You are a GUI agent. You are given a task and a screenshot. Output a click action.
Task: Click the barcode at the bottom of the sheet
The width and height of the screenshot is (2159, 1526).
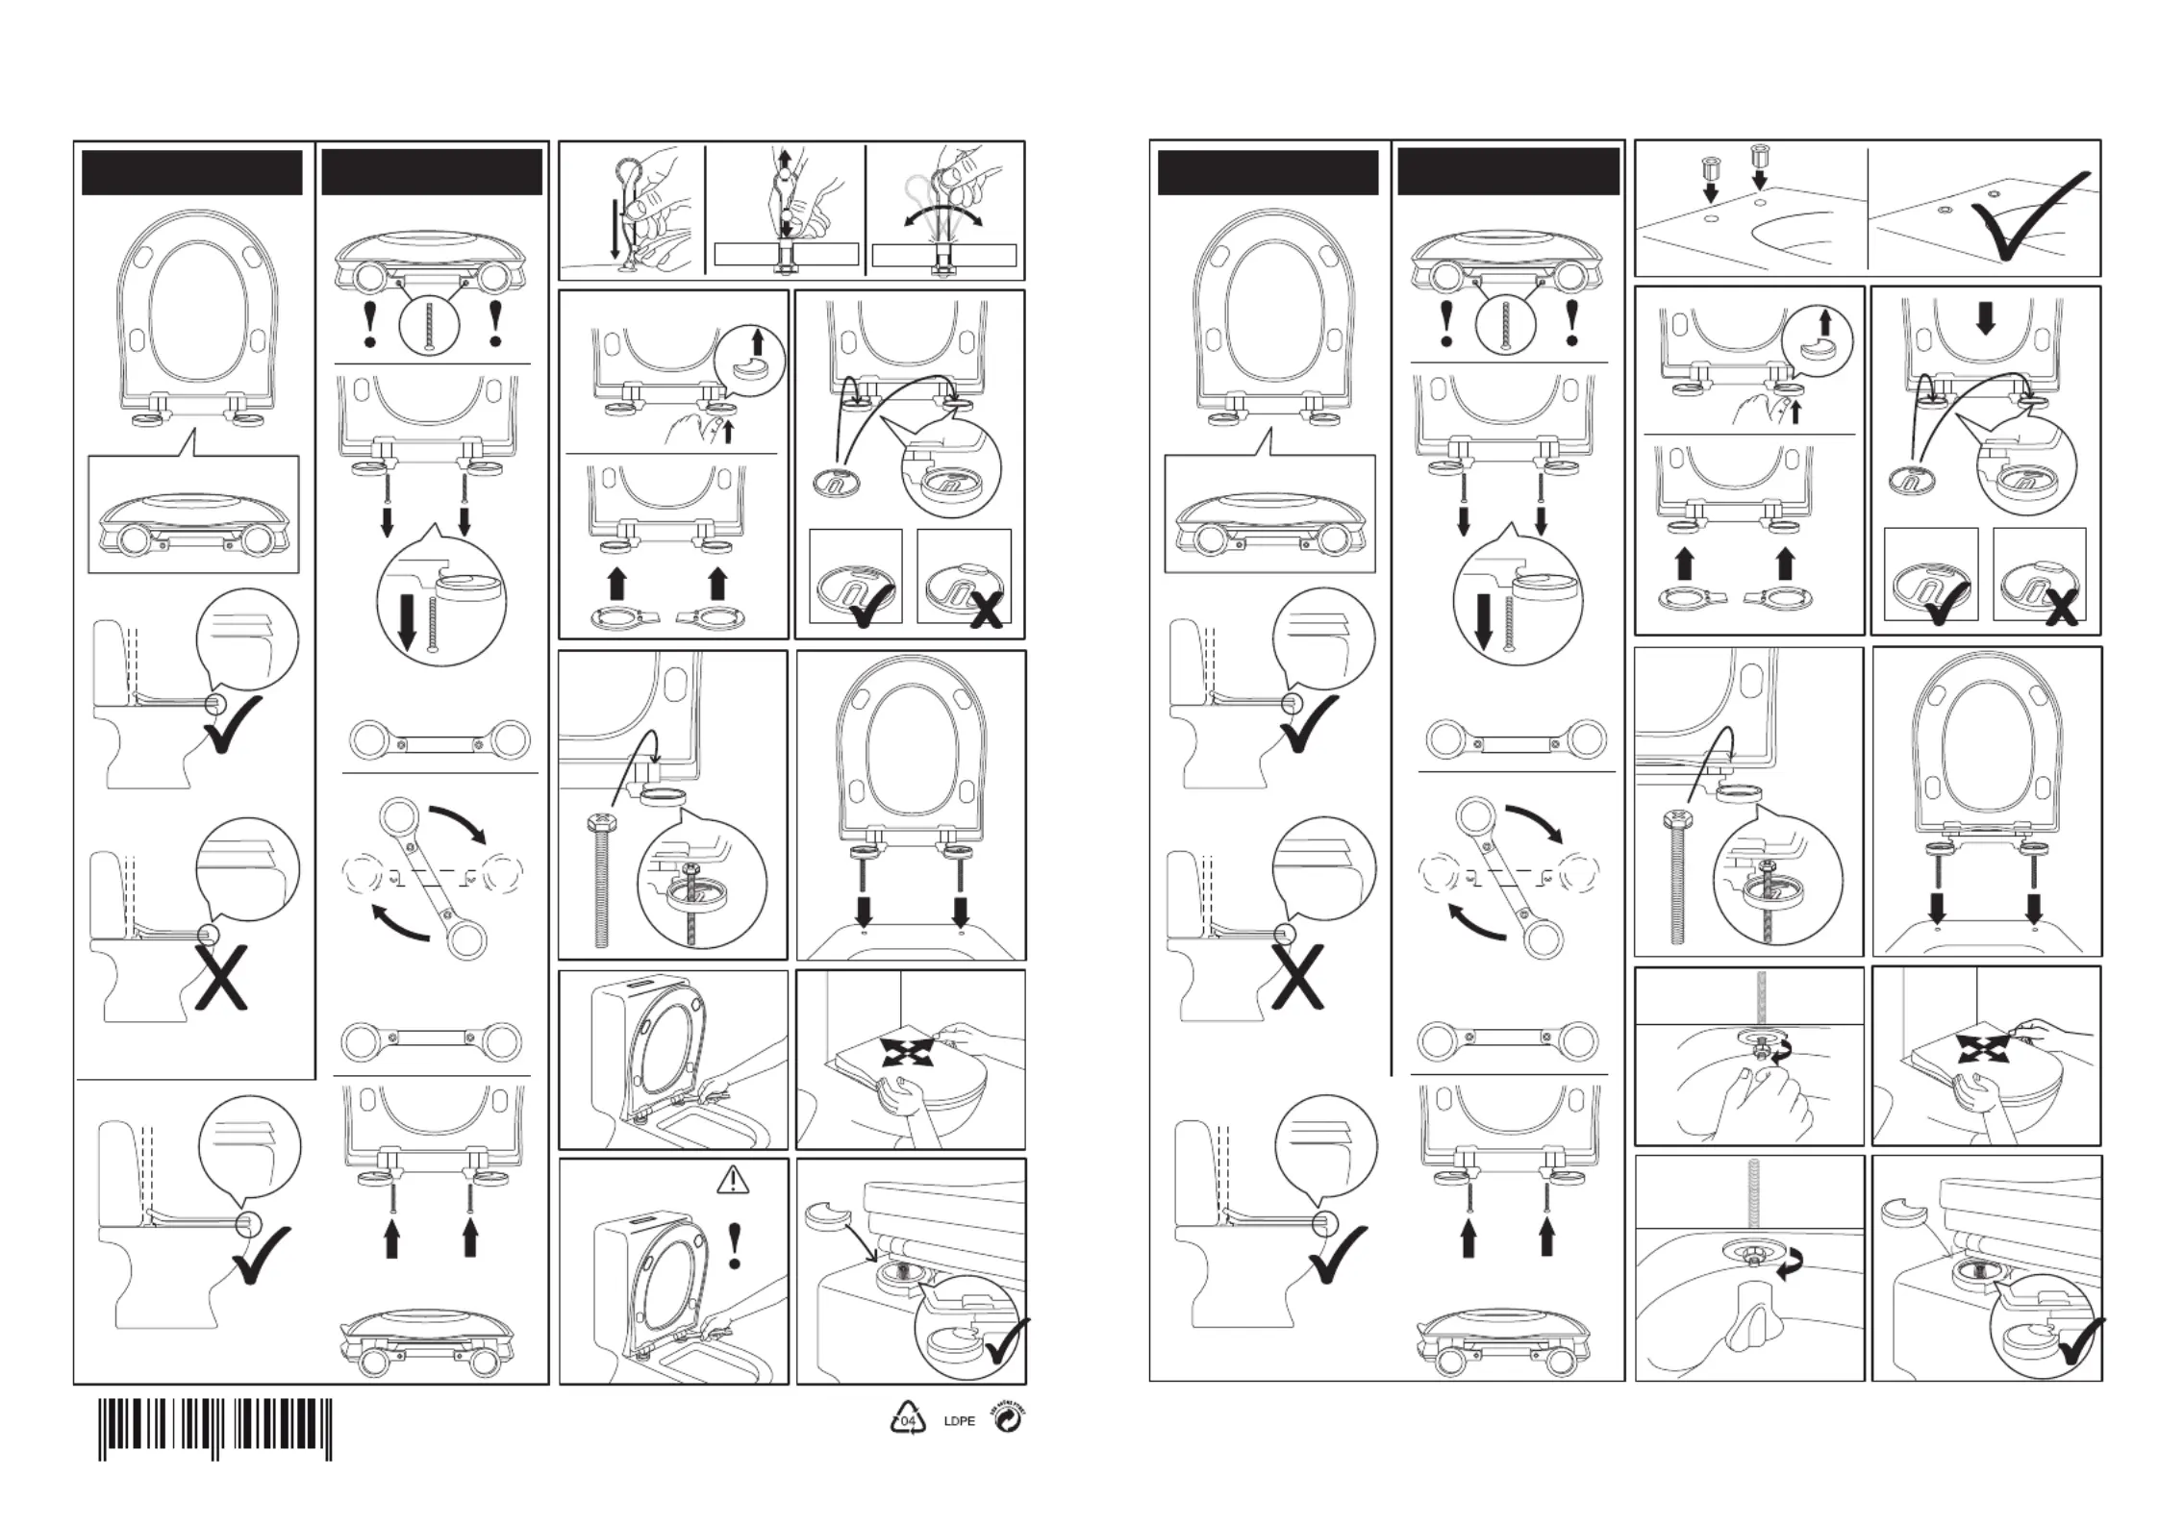215,1429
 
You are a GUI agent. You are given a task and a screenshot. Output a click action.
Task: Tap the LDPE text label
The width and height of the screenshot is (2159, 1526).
959,1421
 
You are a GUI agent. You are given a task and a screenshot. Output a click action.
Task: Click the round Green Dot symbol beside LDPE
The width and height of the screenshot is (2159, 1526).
1008,1419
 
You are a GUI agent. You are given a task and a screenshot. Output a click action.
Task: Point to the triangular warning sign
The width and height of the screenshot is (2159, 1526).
734,1179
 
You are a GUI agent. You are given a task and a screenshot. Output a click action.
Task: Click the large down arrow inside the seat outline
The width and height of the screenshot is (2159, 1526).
1985,318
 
